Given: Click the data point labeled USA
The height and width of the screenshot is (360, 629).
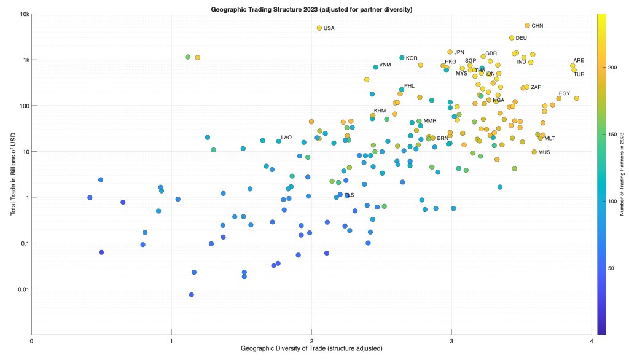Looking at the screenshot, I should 319,28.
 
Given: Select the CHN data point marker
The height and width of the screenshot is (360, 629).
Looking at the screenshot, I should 527,26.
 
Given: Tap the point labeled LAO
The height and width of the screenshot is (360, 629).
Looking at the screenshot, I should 279,141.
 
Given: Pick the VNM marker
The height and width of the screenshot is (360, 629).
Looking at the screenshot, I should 375,67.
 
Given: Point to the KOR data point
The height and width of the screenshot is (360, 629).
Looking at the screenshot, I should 402,58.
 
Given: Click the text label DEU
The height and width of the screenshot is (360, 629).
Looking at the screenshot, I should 521,38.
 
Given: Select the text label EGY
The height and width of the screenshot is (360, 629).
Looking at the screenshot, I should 565,93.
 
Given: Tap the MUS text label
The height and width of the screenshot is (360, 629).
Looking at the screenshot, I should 544,152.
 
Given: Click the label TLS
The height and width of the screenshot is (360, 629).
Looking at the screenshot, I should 349,195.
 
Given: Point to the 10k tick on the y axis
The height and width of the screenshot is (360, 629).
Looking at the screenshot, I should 23,14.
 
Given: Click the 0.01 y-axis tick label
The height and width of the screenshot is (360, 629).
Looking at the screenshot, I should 21,289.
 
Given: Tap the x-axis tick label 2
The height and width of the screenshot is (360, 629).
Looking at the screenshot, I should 311,342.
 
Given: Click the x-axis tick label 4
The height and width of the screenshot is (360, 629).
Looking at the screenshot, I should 592,342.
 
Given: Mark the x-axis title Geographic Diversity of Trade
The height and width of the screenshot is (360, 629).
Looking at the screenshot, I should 311,350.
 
